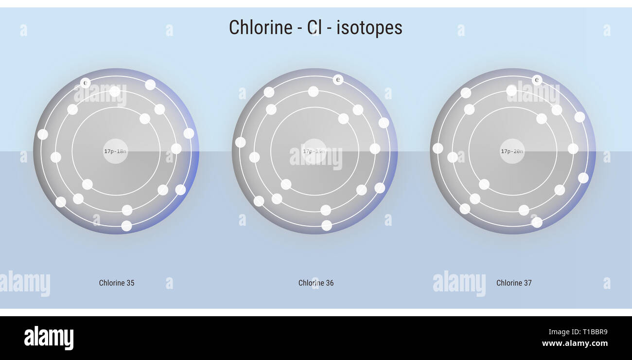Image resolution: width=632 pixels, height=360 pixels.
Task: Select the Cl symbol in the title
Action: click(314, 27)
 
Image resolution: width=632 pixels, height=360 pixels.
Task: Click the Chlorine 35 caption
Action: click(117, 283)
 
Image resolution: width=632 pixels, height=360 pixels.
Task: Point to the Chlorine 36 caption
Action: click(316, 283)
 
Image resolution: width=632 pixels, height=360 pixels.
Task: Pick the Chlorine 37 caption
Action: click(514, 283)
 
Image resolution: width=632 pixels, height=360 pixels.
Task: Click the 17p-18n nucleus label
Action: click(115, 151)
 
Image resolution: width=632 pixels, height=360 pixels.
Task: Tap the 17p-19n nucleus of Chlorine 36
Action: click(314, 151)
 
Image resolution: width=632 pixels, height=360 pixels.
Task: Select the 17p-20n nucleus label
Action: click(512, 151)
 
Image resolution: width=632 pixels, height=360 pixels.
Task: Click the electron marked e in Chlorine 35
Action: click(86, 83)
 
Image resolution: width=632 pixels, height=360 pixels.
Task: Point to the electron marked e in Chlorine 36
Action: click(338, 79)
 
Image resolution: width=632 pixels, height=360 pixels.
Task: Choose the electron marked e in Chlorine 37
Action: click(537, 80)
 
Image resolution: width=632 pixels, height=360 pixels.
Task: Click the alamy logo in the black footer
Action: click(49, 338)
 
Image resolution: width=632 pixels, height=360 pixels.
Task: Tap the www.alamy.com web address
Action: click(575, 343)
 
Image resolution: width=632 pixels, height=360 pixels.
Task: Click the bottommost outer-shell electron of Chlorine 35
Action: click(126, 226)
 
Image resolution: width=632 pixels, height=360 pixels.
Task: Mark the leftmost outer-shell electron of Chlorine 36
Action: click(240, 142)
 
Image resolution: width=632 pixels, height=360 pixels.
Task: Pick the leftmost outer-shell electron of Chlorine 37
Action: click(438, 148)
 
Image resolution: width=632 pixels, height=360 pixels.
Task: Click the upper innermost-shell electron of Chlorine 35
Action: click(145, 118)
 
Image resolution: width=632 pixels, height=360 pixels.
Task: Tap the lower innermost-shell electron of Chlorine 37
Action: click(484, 184)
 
